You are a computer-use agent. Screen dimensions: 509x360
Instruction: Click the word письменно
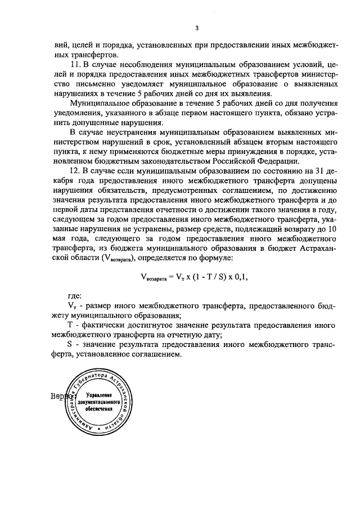(x=93, y=84)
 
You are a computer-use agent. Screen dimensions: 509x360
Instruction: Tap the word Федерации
(x=280, y=161)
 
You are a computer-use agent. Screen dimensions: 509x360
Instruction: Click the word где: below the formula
(x=74, y=295)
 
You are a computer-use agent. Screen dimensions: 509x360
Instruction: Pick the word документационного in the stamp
(x=97, y=403)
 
